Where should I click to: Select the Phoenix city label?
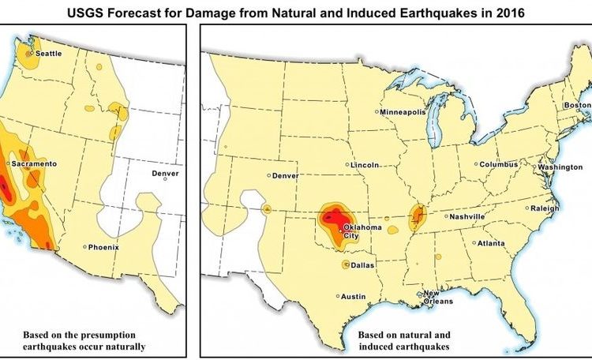click(103, 247)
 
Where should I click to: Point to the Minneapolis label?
click(403, 112)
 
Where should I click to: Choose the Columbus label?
click(498, 164)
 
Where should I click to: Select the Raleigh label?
click(545, 208)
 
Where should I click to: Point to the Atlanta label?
click(490, 244)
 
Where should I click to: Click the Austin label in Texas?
click(353, 297)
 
